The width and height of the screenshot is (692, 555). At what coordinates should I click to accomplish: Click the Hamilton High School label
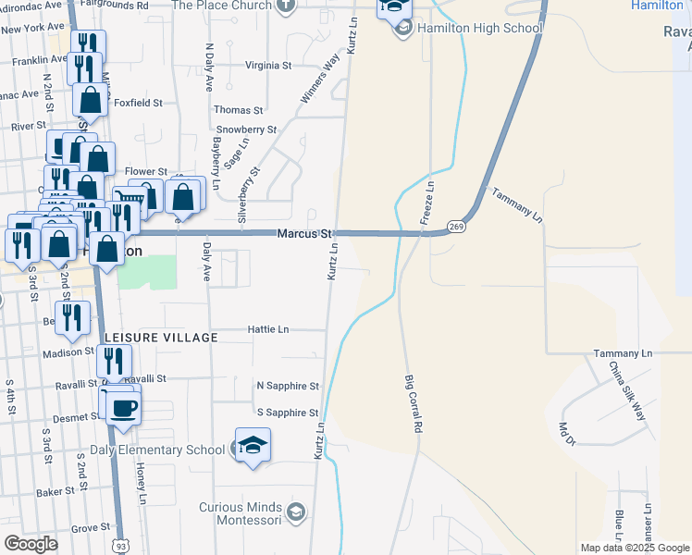pyautogui.click(x=480, y=29)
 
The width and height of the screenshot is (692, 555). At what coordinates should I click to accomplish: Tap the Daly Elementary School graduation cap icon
pyautogui.click(x=253, y=446)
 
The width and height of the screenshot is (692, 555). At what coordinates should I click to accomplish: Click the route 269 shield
pyautogui.click(x=455, y=226)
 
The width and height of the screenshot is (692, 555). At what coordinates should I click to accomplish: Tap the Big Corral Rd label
pyautogui.click(x=414, y=405)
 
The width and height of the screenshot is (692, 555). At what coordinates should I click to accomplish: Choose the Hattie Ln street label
pyautogui.click(x=268, y=329)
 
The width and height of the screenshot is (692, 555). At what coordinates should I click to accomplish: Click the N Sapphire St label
pyautogui.click(x=288, y=386)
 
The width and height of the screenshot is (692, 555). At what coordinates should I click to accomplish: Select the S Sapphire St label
pyautogui.click(x=287, y=413)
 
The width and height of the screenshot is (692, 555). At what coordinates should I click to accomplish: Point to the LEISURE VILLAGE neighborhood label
pyautogui.click(x=161, y=338)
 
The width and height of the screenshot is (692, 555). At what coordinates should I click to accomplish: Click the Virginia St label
pyautogui.click(x=268, y=66)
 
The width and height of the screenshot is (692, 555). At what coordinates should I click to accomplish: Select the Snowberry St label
pyautogui.click(x=241, y=129)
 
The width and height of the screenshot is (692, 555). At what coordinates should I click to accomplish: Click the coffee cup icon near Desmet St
pyautogui.click(x=123, y=407)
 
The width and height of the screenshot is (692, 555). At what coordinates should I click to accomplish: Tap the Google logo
pyautogui.click(x=31, y=544)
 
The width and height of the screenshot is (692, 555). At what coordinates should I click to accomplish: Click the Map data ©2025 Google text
pyautogui.click(x=634, y=548)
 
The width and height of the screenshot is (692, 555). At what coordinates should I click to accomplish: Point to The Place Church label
pyautogui.click(x=222, y=5)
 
